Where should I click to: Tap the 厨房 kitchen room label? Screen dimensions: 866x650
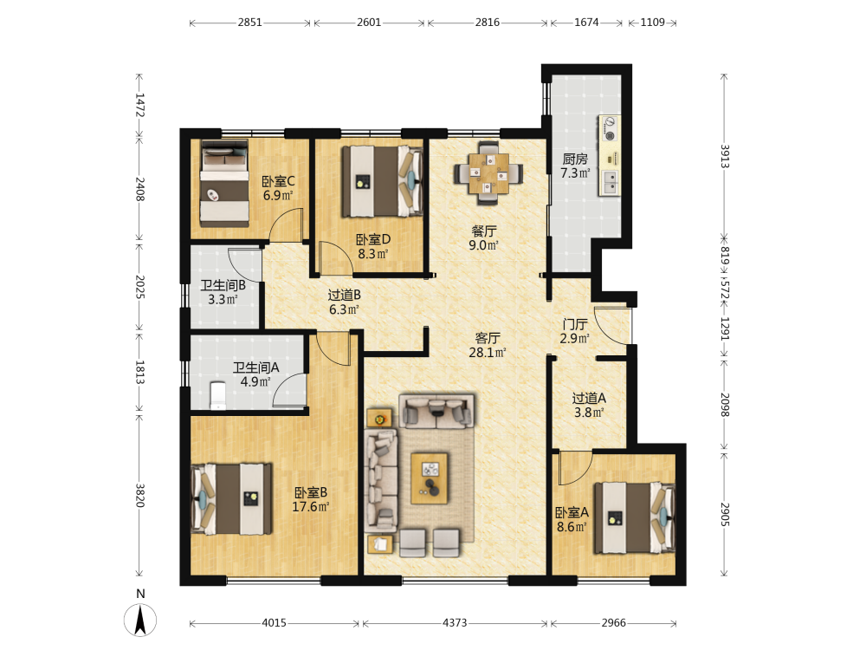(575, 159)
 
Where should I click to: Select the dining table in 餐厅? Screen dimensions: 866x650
(488, 173)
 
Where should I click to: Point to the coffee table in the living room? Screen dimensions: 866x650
(430, 478)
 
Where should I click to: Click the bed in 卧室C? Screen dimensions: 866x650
(224, 184)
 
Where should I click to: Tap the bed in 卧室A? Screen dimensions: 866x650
(635, 518)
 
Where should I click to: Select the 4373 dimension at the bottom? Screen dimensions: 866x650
(455, 623)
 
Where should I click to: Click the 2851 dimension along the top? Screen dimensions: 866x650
(249, 23)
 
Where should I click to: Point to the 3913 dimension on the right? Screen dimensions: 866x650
(724, 156)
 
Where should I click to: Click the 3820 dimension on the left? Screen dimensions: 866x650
(139, 496)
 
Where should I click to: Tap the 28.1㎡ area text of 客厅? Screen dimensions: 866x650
(487, 352)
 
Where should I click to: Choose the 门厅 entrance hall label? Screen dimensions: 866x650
(575, 324)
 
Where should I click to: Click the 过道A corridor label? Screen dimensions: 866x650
(589, 398)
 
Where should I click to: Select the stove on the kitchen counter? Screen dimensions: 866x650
(610, 128)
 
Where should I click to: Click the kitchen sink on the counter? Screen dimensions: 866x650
(611, 182)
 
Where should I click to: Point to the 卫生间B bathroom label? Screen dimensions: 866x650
(223, 285)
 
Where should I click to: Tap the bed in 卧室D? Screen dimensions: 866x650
(382, 181)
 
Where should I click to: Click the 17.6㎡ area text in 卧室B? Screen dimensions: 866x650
(310, 506)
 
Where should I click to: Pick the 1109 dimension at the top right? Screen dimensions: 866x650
(652, 23)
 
